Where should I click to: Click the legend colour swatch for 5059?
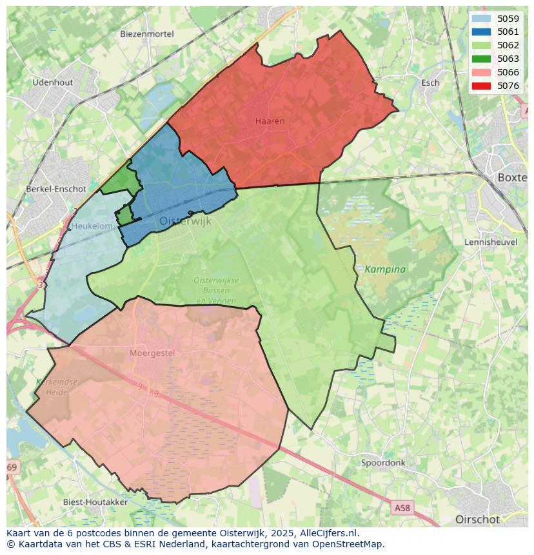pos(481,19)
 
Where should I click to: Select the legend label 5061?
pos(508,32)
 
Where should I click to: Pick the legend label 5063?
pos(508,59)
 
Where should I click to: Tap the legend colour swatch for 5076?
pos(481,86)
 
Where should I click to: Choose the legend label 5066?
pos(508,72)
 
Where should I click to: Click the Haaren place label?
pos(270,121)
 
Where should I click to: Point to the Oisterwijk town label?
pos(185,221)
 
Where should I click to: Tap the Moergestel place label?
pos(152,353)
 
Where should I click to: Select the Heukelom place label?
pos(92,226)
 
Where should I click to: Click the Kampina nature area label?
pos(385,269)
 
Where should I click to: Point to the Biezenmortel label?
pos(148,34)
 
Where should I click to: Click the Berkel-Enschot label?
pos(56,189)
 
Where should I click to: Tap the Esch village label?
pos(430,83)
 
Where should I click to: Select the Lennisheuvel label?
pos(491,242)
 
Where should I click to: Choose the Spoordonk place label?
pos(383,463)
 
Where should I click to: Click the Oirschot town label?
pos(477,519)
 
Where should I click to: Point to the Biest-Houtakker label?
pos(95,501)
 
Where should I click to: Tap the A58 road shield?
pos(402,509)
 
